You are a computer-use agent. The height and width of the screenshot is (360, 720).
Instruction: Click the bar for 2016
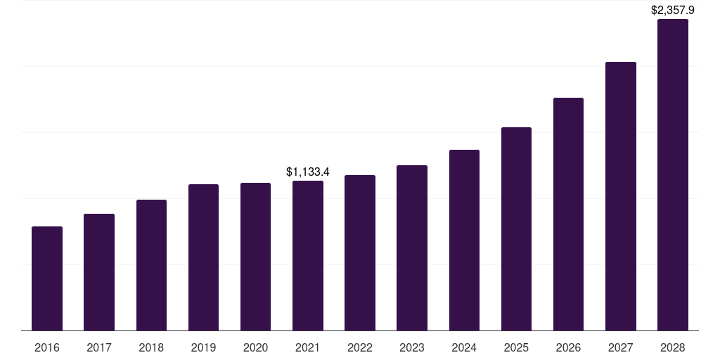pyautogui.click(x=47, y=278)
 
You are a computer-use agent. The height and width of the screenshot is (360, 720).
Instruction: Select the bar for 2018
pyautogui.click(x=151, y=265)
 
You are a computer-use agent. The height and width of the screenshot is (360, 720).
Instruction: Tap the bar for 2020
pyautogui.click(x=255, y=257)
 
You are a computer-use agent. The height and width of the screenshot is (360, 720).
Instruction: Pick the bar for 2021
pyautogui.click(x=308, y=256)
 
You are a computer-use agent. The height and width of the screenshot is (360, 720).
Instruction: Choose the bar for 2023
pyautogui.click(x=412, y=248)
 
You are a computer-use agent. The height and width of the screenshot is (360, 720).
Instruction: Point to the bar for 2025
pyautogui.click(x=516, y=229)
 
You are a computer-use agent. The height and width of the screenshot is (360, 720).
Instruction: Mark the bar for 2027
pyautogui.click(x=620, y=196)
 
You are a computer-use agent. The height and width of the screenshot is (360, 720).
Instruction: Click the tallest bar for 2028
pyautogui.click(x=672, y=175)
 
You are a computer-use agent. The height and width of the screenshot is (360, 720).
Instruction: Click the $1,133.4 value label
pyautogui.click(x=308, y=172)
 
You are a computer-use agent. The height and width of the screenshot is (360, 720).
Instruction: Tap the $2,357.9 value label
pyautogui.click(x=672, y=10)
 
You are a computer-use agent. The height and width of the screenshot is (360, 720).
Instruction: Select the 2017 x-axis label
pyautogui.click(x=99, y=347)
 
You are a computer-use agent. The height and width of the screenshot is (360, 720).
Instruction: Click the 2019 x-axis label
pyautogui.click(x=203, y=347)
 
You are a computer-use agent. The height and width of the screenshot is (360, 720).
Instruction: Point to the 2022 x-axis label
pyautogui.click(x=360, y=347)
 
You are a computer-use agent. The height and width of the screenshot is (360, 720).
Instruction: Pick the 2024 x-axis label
pyautogui.click(x=464, y=347)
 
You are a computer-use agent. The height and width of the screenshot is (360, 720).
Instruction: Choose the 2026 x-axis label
pyautogui.click(x=568, y=347)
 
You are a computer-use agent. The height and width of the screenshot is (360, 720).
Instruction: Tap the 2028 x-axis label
pyautogui.click(x=672, y=347)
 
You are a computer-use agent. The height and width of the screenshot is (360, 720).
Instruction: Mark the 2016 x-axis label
pyautogui.click(x=47, y=347)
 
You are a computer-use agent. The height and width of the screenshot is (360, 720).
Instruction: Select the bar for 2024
pyautogui.click(x=464, y=240)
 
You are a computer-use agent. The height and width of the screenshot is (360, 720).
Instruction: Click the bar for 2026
pyautogui.click(x=568, y=214)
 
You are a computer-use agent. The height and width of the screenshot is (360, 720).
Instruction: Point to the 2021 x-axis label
pyautogui.click(x=308, y=347)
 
